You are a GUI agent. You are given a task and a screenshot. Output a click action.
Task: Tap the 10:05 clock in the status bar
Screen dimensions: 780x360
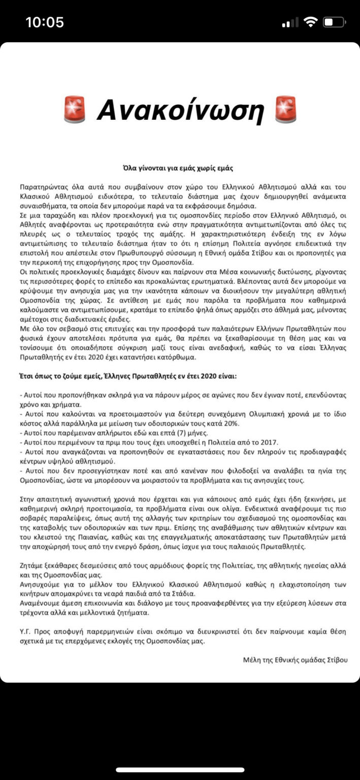point(45,22)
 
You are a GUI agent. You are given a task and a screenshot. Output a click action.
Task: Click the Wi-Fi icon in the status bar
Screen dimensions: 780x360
point(309,22)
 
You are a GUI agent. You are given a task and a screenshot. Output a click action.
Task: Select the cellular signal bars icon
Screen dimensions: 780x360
point(290,23)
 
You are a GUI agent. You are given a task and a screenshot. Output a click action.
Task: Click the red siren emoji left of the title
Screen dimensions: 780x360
point(75,109)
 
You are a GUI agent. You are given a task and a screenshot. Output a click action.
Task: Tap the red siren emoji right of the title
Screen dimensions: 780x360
point(285,109)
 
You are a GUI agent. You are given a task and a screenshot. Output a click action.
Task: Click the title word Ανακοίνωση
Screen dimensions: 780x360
point(180,109)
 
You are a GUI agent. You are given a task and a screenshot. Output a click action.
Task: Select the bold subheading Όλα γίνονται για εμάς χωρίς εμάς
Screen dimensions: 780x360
point(180,167)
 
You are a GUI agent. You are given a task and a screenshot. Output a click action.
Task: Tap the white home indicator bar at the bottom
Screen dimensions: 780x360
point(180,770)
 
